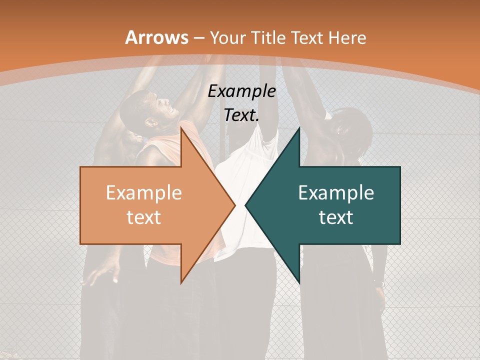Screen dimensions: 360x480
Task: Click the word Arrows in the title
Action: [x=157, y=37]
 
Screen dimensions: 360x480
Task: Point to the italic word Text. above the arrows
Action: [x=241, y=115]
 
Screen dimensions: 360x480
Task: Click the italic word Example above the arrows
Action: [x=241, y=91]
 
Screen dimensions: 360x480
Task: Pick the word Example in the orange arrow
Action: [x=144, y=193]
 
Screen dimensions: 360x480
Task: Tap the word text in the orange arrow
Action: [x=144, y=217]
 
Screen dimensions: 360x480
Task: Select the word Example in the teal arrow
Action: [x=336, y=193]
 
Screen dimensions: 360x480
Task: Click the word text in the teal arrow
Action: [x=336, y=217]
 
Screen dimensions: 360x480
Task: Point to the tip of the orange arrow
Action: [x=235, y=205]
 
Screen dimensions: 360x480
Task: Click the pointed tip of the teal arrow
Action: [x=245, y=205]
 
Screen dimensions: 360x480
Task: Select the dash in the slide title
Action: [x=198, y=38]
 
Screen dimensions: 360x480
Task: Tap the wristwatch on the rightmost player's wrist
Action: [x=379, y=283]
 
